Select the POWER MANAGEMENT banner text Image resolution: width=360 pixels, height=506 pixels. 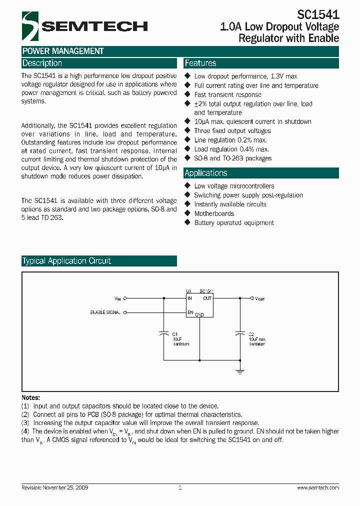pyautogui.click(x=63, y=51)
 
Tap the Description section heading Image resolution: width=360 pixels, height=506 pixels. pyautogui.click(x=42, y=63)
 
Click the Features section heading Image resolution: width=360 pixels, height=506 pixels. pyautogui.click(x=200, y=63)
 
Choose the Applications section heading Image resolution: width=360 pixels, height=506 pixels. pyautogui.click(x=206, y=173)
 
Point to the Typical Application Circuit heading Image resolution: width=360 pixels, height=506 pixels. pyautogui.click(x=66, y=261)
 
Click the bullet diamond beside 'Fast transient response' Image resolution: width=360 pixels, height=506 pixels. pyautogui.click(x=187, y=94)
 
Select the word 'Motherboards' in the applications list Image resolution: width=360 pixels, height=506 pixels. pyautogui.click(x=214, y=213)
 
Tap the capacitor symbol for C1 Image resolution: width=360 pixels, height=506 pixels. pyautogui.click(x=163, y=334)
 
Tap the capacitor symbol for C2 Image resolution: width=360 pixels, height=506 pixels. pyautogui.click(x=239, y=334)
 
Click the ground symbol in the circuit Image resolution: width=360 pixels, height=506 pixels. pyautogui.click(x=239, y=371)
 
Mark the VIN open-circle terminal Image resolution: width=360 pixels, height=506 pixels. pyautogui.click(x=125, y=298)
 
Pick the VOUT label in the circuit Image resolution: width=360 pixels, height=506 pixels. pyautogui.click(x=260, y=299)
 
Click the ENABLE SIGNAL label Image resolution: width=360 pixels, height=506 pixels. pyautogui.click(x=105, y=312)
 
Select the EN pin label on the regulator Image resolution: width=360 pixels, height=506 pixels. pyautogui.click(x=190, y=312)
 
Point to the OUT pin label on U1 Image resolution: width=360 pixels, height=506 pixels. pyautogui.click(x=207, y=298)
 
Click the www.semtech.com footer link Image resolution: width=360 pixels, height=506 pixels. pyautogui.click(x=318, y=487)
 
